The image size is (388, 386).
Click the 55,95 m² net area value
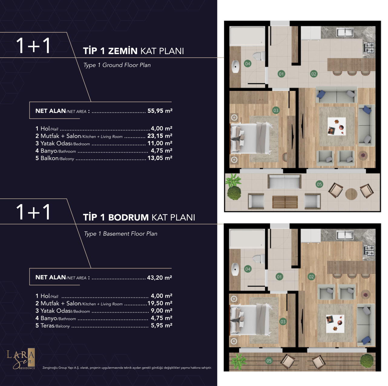click(x=160, y=111)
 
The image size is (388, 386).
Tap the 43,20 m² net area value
click(x=159, y=278)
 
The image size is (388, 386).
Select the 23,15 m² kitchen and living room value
click(x=160, y=136)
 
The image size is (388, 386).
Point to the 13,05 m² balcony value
click(x=160, y=158)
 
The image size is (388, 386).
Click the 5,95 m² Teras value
click(x=162, y=325)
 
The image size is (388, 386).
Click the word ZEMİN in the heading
click(x=123, y=51)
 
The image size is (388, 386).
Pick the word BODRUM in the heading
click(x=128, y=217)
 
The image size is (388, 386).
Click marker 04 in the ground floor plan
click(x=248, y=64)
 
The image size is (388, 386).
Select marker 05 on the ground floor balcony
click(x=319, y=184)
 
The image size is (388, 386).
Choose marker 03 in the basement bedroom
click(x=283, y=322)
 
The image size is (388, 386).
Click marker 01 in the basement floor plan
click(x=279, y=277)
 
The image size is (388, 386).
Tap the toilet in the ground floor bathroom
click(x=259, y=56)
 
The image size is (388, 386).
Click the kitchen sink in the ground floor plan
click(x=345, y=32)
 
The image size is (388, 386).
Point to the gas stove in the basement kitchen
click(x=369, y=250)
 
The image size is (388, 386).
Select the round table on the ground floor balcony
click(x=351, y=194)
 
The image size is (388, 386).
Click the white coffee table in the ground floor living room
click(x=337, y=126)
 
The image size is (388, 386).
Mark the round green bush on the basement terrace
click(x=367, y=361)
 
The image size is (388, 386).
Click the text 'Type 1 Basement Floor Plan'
click(x=121, y=234)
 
